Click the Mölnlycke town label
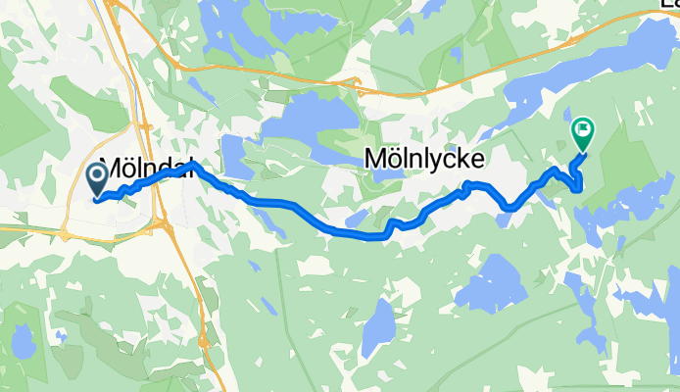point(426,157)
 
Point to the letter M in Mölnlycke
point(376,157)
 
